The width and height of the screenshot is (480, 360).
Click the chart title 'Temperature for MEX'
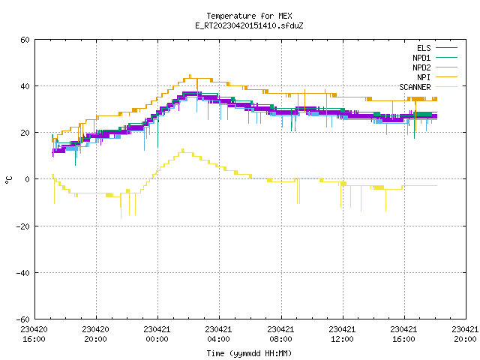pyautogui.click(x=249, y=16)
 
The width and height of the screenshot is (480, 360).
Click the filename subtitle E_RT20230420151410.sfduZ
pyautogui.click(x=249, y=25)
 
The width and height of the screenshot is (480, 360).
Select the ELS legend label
pyautogui.click(x=424, y=48)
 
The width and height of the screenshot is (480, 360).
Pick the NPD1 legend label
pyautogui.click(x=421, y=58)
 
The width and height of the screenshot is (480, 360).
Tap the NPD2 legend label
pyautogui.click(x=421, y=67)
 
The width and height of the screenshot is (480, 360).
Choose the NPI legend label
pyautogui.click(x=424, y=77)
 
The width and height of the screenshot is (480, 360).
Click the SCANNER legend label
pyautogui.click(x=415, y=87)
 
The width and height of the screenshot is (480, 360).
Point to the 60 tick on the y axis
pyautogui.click(x=25, y=40)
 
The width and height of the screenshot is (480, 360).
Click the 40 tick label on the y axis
pyautogui.click(x=25, y=86)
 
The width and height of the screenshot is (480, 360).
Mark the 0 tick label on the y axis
pyautogui.click(x=28, y=179)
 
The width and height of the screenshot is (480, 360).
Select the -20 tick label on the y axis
pyautogui.click(x=23, y=226)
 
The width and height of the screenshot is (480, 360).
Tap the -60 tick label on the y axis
pyautogui.click(x=23, y=319)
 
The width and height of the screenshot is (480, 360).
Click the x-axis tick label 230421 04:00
pyautogui.click(x=218, y=334)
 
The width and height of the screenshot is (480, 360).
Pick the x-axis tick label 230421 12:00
pyautogui.click(x=342, y=334)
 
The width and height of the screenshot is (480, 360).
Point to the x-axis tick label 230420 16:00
pyautogui.click(x=34, y=334)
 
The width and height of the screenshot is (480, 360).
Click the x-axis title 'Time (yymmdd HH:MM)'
pyautogui.click(x=249, y=353)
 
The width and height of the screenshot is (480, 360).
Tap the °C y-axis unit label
pyautogui.click(x=9, y=180)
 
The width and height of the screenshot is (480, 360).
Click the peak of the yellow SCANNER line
pyautogui.click(x=183, y=149)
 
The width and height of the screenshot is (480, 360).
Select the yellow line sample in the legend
pyautogui.click(x=447, y=87)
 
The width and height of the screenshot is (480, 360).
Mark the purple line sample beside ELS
pyautogui.click(x=447, y=48)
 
